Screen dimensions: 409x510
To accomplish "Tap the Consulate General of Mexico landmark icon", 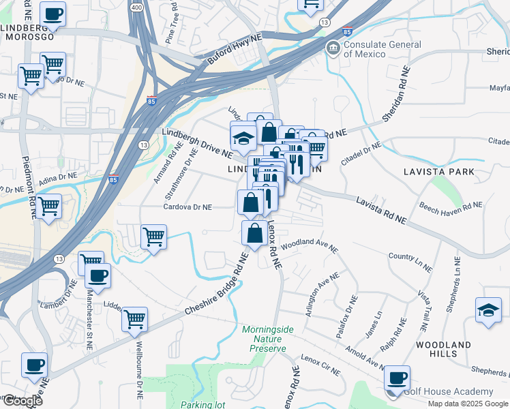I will click(x=333, y=47).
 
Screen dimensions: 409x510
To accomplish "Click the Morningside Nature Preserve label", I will click(x=268, y=339).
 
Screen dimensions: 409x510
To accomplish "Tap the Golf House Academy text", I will click(x=448, y=391).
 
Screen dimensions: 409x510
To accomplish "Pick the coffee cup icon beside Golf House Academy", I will click(x=397, y=378).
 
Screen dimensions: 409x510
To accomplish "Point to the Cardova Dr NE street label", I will click(x=187, y=207).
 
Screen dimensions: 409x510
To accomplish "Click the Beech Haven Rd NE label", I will click(x=450, y=204).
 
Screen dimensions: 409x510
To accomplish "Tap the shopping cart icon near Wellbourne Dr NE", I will click(x=134, y=318).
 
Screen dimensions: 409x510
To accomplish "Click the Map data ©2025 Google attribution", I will click(x=467, y=404).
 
